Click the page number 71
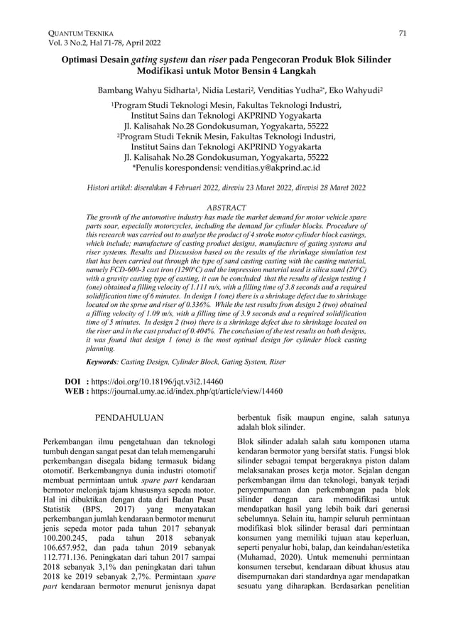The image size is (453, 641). (x=402, y=33)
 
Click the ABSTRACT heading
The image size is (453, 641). (x=226, y=208)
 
